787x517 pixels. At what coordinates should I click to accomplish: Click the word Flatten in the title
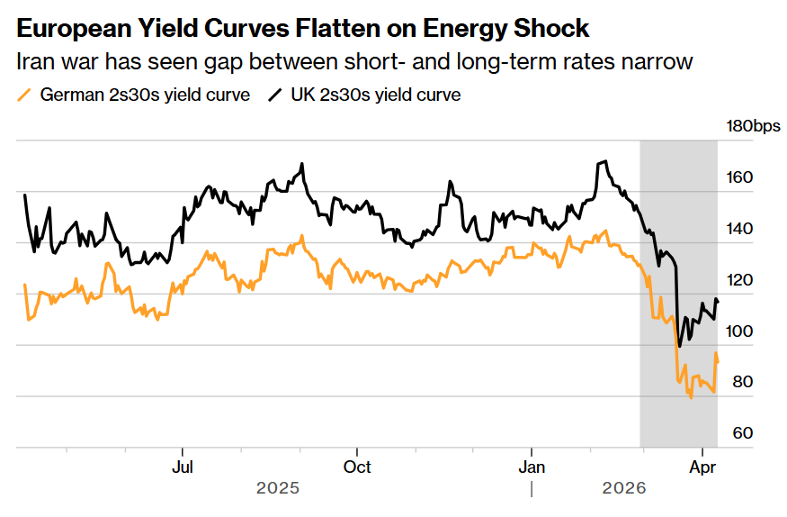326,29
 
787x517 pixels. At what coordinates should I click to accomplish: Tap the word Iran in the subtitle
36,62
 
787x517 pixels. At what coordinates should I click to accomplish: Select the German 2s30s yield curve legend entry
145,95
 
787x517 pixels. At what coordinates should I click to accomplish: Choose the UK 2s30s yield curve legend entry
375,95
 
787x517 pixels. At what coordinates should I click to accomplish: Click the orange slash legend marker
24,95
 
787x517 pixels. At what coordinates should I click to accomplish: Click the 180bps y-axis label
754,126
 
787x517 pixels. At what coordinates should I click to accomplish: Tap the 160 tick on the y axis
740,177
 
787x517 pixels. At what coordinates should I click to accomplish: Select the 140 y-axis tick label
740,229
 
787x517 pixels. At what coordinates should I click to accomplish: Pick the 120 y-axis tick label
740,280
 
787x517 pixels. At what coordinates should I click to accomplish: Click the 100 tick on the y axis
740,331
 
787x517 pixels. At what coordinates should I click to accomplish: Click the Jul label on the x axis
183,467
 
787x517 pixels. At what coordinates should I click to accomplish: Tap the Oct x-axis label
357,467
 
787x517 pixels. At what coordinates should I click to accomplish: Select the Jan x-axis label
532,467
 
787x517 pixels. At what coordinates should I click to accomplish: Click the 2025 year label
278,488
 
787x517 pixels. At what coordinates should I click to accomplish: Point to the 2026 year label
623,488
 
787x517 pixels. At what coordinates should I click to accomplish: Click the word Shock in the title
550,29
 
